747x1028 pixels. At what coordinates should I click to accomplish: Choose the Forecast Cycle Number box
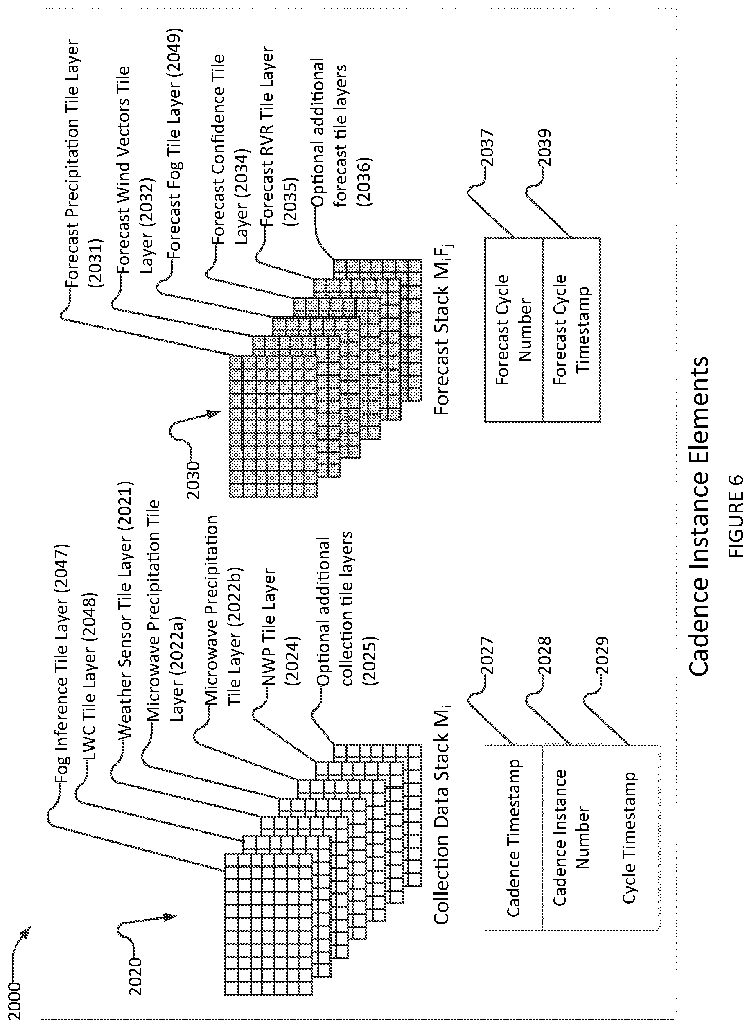coord(514,330)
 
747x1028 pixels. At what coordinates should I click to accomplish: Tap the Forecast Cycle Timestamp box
coord(571,330)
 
